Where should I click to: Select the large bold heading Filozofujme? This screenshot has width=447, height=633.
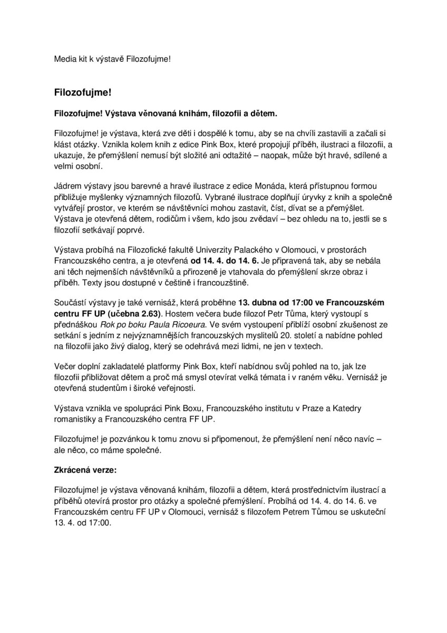(x=83, y=91)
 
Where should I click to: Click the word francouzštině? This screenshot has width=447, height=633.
(x=259, y=283)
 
